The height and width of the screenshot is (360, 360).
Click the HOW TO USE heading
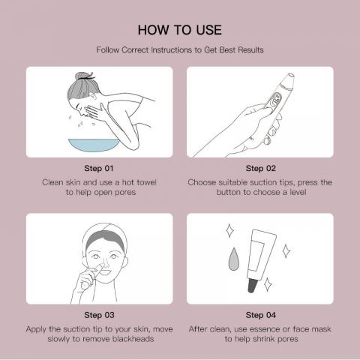coord(180,30)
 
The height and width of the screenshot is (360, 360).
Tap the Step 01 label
coord(99,168)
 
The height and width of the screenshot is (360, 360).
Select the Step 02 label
coord(261,168)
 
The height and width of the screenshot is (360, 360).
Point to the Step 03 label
coord(99,315)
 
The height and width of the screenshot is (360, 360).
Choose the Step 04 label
coord(261,315)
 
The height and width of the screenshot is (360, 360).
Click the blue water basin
coord(94,145)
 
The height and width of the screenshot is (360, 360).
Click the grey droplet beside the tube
coord(234,259)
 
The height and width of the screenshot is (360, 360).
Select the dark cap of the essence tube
coord(252,286)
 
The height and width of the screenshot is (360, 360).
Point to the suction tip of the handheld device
coord(290,76)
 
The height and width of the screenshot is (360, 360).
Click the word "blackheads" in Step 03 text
coord(133,339)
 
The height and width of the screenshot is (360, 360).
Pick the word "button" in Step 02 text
coord(229,192)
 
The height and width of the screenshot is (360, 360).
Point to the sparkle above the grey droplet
coord(229,230)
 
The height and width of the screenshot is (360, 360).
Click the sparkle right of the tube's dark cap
coord(268,284)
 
